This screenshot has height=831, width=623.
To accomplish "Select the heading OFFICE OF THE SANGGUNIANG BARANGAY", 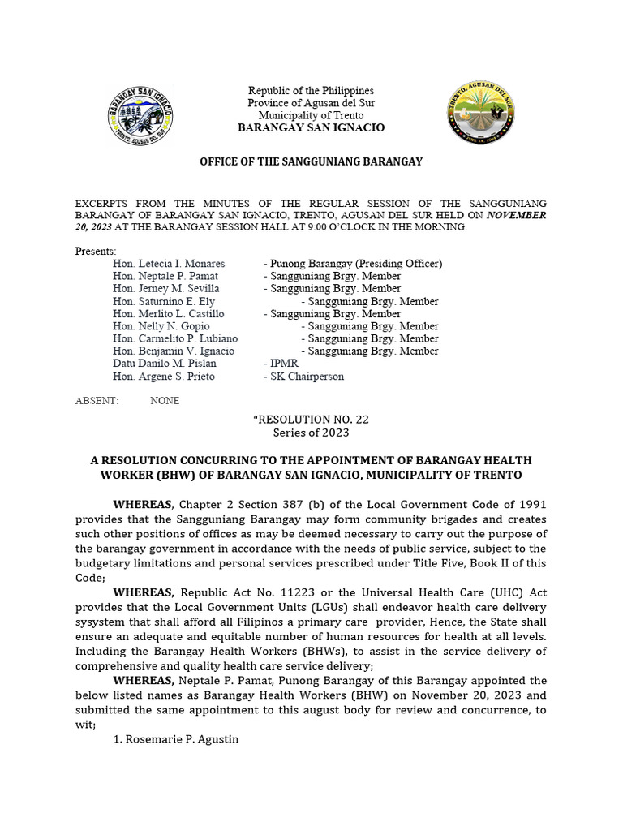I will tap(311, 162).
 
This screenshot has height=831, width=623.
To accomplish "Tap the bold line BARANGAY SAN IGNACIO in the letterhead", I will tap(311, 128).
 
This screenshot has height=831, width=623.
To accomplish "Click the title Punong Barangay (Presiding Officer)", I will tap(354, 264).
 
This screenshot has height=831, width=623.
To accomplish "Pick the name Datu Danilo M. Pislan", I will tap(165, 364).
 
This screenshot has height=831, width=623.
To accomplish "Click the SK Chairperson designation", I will tap(304, 377).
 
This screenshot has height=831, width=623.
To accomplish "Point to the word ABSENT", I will tap(97, 401).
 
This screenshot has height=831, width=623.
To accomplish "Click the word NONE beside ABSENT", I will tap(165, 401).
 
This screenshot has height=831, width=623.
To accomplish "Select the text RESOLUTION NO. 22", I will tap(311, 420).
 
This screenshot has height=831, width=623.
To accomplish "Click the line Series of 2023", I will tap(311, 433).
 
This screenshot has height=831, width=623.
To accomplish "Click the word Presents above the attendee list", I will tap(96, 251).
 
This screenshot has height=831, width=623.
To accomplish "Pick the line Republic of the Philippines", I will tap(311, 90).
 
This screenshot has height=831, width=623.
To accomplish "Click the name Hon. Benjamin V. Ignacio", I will tap(174, 351).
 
